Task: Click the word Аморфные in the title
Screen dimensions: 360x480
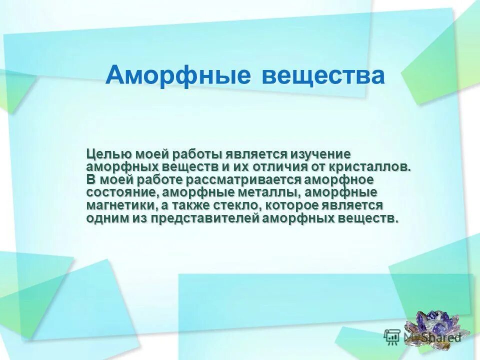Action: [x=177, y=75]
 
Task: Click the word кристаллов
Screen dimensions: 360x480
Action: [x=369, y=167]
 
